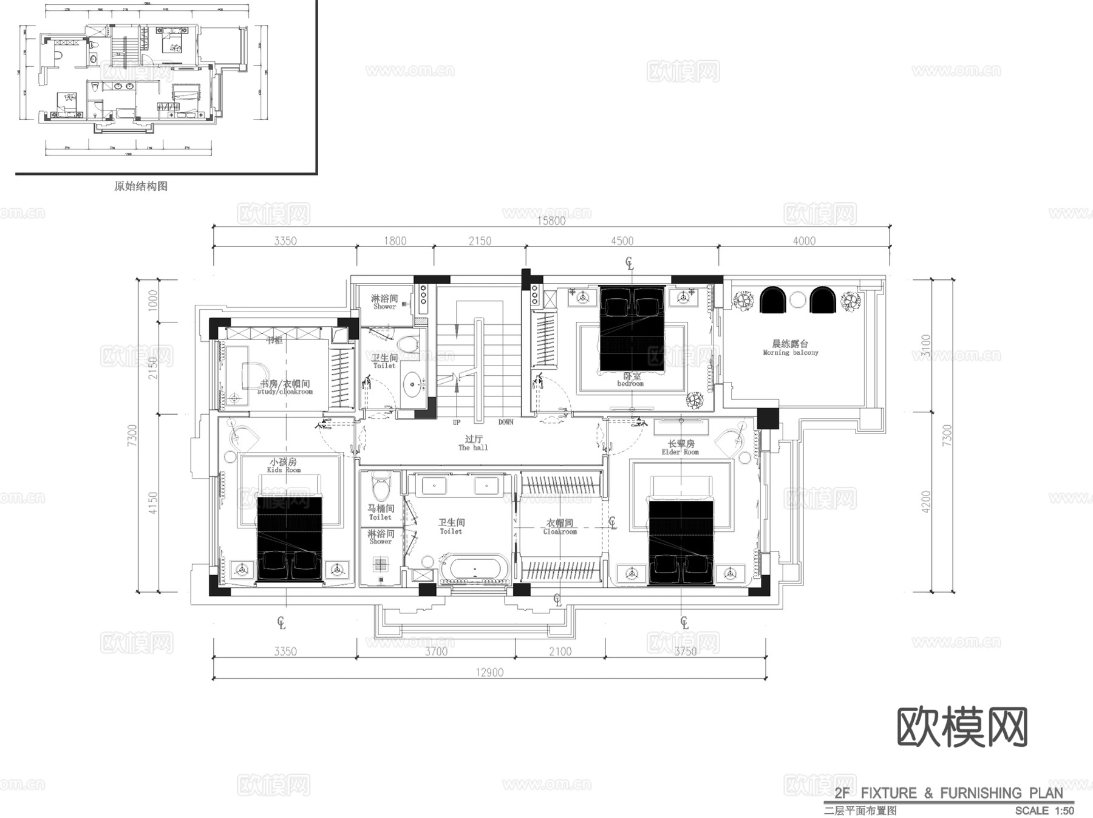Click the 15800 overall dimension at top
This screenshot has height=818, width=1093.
[x=551, y=220]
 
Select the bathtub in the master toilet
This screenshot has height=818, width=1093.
[x=474, y=568]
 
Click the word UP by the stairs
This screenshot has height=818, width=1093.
[x=457, y=422]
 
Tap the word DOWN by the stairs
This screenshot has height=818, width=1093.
[x=506, y=422]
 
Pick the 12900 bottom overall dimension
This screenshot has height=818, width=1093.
[x=489, y=672]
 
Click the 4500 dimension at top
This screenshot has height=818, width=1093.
[x=622, y=241]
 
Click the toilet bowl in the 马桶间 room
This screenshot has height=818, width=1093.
[x=381, y=489]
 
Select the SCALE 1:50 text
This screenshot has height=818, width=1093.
[x=1044, y=811]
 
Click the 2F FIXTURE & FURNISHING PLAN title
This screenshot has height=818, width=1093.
[x=948, y=793]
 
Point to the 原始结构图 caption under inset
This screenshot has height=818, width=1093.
[x=141, y=186]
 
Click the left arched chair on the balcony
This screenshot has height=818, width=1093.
[x=773, y=300]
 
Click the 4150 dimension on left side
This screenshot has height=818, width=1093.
[x=153, y=503]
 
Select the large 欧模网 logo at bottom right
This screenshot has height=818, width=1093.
[x=962, y=727]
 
